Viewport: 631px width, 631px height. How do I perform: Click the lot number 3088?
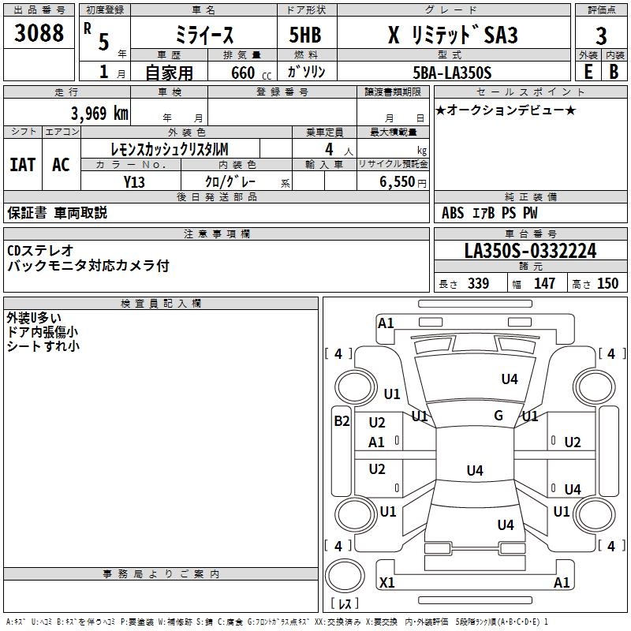[39, 34]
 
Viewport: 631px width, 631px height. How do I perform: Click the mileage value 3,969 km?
[99, 113]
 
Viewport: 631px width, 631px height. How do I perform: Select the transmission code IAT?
[22, 164]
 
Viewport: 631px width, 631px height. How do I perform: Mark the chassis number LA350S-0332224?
[530, 251]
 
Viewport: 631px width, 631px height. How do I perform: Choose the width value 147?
[544, 284]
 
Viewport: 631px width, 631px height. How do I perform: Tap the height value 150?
[607, 284]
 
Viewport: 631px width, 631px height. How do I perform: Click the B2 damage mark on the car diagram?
[341, 421]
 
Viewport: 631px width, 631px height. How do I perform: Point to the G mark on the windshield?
[498, 416]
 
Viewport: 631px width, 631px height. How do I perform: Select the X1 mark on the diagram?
[386, 583]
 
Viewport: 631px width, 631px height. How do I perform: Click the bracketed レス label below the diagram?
[344, 604]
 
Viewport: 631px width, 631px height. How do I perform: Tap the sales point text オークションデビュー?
[505, 110]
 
